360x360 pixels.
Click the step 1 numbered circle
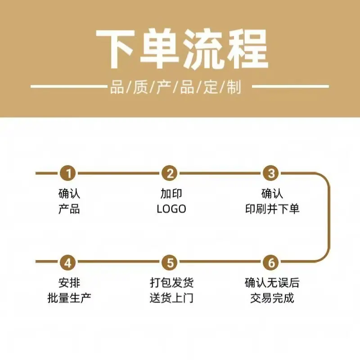coord(68,173)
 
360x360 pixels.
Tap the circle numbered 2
coord(170,173)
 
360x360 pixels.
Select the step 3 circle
coord(271,173)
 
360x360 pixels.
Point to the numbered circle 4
coord(68,262)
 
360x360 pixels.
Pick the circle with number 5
coord(170,262)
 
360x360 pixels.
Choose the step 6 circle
coord(271,262)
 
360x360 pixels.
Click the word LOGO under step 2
coord(171,209)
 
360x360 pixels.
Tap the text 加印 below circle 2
coord(171,193)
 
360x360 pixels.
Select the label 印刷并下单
coord(272,209)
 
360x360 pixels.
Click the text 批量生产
coord(69,298)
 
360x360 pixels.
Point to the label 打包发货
coord(171,283)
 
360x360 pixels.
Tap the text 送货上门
coord(171,298)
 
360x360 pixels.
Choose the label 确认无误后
coord(272,283)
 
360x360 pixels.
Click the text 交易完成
coord(272,298)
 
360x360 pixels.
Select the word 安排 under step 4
coord(69,283)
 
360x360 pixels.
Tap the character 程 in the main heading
coord(249,49)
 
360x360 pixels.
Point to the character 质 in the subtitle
coord(140,87)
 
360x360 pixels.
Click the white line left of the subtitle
coord(69,86)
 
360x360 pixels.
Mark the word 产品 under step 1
coord(69,209)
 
